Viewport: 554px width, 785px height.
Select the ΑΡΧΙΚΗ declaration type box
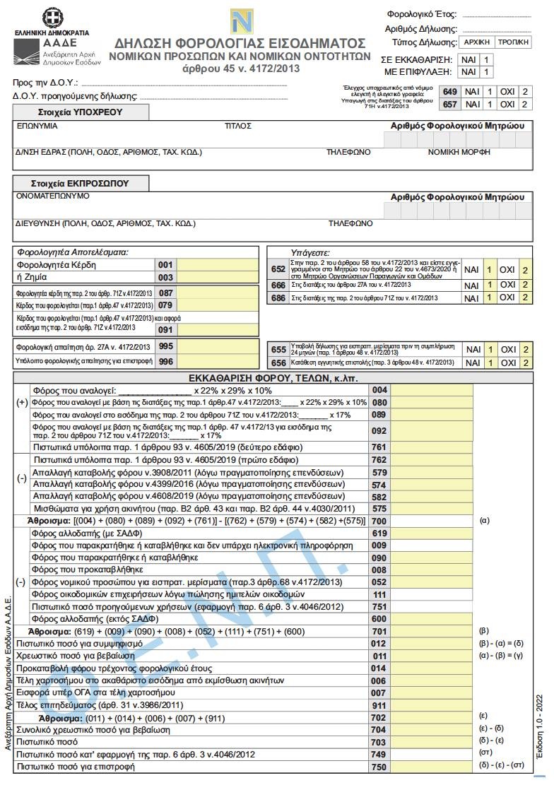[476, 42]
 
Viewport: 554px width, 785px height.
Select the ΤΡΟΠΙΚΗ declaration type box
[514, 42]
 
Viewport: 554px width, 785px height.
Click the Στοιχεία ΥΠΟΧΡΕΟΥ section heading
[81, 112]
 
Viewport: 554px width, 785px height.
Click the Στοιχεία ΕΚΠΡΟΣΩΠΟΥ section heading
[81, 184]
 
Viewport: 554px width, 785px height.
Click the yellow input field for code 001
[218, 265]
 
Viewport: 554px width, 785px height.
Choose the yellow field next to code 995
[218, 346]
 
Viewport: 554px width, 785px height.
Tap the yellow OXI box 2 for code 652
[524, 270]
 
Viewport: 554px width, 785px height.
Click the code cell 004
[379, 389]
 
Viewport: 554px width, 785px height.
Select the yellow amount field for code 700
[432, 520]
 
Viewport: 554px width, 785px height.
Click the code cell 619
[379, 533]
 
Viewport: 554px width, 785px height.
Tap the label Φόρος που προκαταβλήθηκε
[88, 569]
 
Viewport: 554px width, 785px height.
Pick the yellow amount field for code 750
[432, 766]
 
